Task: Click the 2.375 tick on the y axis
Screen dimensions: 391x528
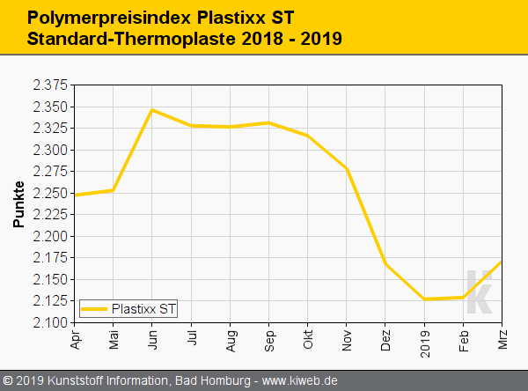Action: [x=50, y=85]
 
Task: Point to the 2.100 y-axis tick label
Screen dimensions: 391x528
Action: [x=50, y=322]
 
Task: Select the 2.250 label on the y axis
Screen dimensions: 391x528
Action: [x=50, y=193]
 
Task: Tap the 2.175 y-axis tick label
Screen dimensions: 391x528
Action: [x=50, y=258]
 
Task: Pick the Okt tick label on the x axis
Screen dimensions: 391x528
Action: [x=308, y=338]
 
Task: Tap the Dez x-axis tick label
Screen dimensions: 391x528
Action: [x=385, y=339]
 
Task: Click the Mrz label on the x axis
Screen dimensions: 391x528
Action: [x=502, y=339]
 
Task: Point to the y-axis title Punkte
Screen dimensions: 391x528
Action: [x=18, y=203]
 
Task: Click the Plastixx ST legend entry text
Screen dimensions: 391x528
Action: [x=143, y=308]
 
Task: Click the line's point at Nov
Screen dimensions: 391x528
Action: [x=347, y=169]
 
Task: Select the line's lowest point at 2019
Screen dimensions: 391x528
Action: [x=424, y=299]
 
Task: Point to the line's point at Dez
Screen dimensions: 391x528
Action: [x=385, y=264]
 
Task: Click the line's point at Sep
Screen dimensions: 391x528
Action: [x=269, y=122]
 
